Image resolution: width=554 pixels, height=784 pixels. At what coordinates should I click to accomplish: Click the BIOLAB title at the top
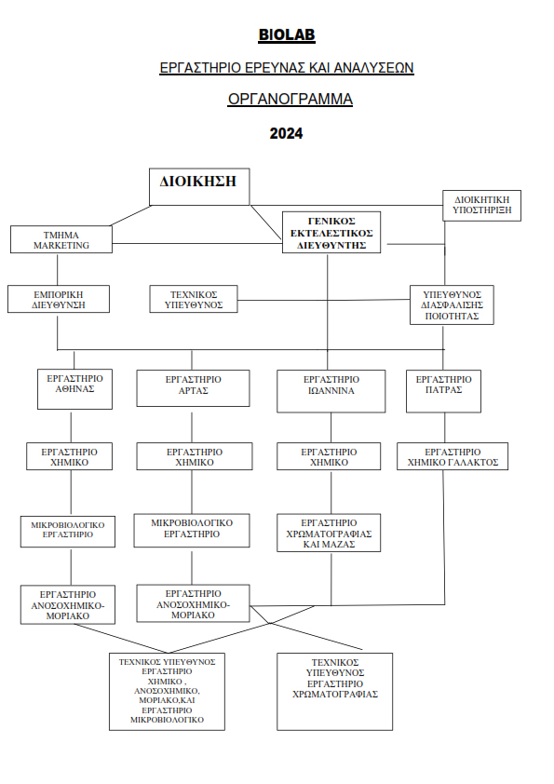coord(287,34)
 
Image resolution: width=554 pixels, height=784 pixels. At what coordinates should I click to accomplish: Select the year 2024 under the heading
coord(286,133)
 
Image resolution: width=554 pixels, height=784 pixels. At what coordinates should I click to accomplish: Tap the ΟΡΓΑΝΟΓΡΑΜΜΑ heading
coord(290,99)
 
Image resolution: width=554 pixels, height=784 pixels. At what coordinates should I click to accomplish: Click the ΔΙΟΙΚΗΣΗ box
coord(199,186)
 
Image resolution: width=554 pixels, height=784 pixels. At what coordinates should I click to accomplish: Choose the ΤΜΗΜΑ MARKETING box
coord(61,239)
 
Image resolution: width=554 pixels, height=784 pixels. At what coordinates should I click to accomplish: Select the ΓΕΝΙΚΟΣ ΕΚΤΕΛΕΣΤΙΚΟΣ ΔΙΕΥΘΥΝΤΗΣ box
coord(331,233)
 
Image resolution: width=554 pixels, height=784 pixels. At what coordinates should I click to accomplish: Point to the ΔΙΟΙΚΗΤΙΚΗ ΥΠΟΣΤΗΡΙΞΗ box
coord(482,206)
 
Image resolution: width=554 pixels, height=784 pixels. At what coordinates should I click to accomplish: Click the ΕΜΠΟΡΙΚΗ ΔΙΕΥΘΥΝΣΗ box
coord(59,299)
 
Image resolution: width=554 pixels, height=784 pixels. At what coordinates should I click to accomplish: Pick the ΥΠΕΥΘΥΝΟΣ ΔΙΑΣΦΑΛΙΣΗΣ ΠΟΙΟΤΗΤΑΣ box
coord(452,305)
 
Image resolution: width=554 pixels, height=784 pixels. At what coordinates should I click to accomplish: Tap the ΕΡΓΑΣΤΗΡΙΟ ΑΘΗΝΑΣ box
coord(74,389)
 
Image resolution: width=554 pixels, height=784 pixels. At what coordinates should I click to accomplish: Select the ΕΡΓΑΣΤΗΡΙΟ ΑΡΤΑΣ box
coord(193,388)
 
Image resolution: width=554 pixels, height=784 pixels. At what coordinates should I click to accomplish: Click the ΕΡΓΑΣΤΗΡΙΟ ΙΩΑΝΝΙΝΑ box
coord(331,391)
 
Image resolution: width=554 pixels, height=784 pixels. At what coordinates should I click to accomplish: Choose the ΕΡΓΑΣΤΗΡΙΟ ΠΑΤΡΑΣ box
coord(443,391)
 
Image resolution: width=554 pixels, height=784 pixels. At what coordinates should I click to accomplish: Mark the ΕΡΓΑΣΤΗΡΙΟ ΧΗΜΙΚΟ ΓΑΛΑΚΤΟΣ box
coord(453,456)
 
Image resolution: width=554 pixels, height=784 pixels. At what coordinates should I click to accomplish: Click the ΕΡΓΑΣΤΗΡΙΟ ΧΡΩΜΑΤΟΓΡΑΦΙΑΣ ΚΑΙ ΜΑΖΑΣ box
coord(329,533)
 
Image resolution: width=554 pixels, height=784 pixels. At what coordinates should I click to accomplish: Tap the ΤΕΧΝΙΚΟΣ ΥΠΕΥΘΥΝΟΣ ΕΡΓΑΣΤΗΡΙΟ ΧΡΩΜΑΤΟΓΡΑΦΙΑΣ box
coord(335,692)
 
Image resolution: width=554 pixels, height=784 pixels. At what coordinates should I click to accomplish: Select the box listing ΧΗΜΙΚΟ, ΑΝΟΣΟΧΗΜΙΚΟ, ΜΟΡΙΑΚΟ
coord(167,692)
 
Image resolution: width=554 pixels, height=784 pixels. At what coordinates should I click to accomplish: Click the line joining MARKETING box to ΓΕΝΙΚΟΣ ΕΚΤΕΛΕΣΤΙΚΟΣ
coord(197,244)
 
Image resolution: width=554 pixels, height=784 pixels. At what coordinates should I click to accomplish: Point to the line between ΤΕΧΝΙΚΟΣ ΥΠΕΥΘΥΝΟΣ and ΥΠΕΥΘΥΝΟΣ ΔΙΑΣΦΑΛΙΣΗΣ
coord(323,300)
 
